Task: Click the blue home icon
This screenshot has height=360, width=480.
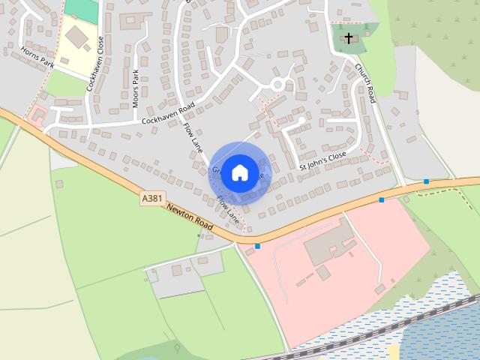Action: pyautogui.click(x=239, y=172)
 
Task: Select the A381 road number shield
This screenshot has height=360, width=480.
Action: pyautogui.click(x=150, y=199)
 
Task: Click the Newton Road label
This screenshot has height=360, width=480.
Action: pyautogui.click(x=190, y=217)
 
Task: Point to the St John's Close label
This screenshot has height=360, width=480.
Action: pyautogui.click(x=322, y=160)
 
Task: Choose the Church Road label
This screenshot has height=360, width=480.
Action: pyautogui.click(x=364, y=82)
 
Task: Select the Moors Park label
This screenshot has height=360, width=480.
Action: pyautogui.click(x=136, y=88)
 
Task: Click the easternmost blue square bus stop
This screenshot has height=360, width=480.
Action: pyautogui.click(x=426, y=181)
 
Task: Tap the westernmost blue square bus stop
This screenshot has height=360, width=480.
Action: pyautogui.click(x=257, y=245)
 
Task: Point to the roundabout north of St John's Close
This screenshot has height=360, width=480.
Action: pyautogui.click(x=279, y=84)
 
